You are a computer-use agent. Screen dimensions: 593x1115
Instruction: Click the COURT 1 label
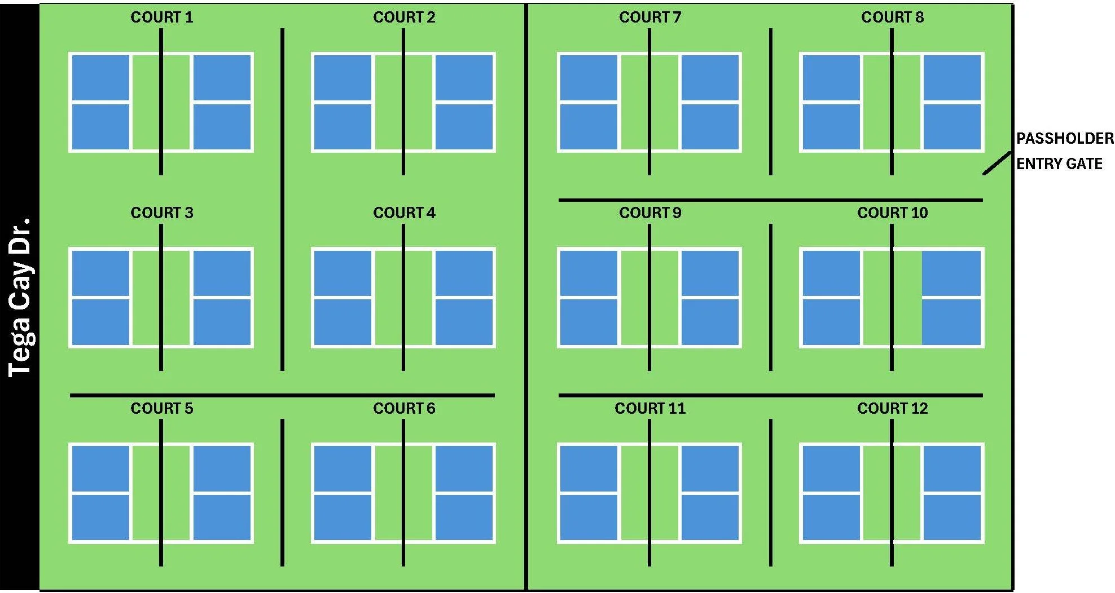[161, 17]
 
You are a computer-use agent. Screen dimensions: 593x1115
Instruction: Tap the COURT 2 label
[404, 17]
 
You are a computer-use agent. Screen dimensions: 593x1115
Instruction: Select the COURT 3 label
[161, 213]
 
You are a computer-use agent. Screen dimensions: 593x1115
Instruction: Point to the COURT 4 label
[404, 213]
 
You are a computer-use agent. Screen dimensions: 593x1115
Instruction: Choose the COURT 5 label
[161, 409]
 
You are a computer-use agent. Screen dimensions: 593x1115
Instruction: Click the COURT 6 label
[404, 409]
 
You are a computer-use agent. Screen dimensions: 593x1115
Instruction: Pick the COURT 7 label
[650, 17]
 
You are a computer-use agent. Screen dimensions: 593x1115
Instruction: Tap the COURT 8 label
[892, 17]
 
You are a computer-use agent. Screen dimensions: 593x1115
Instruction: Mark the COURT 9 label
[650, 213]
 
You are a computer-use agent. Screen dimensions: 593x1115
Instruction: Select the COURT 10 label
[892, 213]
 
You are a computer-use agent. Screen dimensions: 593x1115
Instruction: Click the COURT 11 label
[650, 409]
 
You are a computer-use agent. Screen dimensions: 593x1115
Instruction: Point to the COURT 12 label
[892, 409]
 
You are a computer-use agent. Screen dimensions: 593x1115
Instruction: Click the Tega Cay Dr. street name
[20, 296]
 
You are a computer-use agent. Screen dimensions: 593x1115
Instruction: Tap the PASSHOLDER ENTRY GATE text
[1064, 151]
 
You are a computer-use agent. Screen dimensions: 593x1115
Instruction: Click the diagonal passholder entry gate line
[997, 163]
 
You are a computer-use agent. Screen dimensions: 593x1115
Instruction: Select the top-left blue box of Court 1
[100, 78]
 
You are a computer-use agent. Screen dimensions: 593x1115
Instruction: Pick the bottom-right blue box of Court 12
[952, 517]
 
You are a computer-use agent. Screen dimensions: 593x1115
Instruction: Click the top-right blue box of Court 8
[952, 78]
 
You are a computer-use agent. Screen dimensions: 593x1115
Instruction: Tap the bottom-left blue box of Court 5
[100, 517]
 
